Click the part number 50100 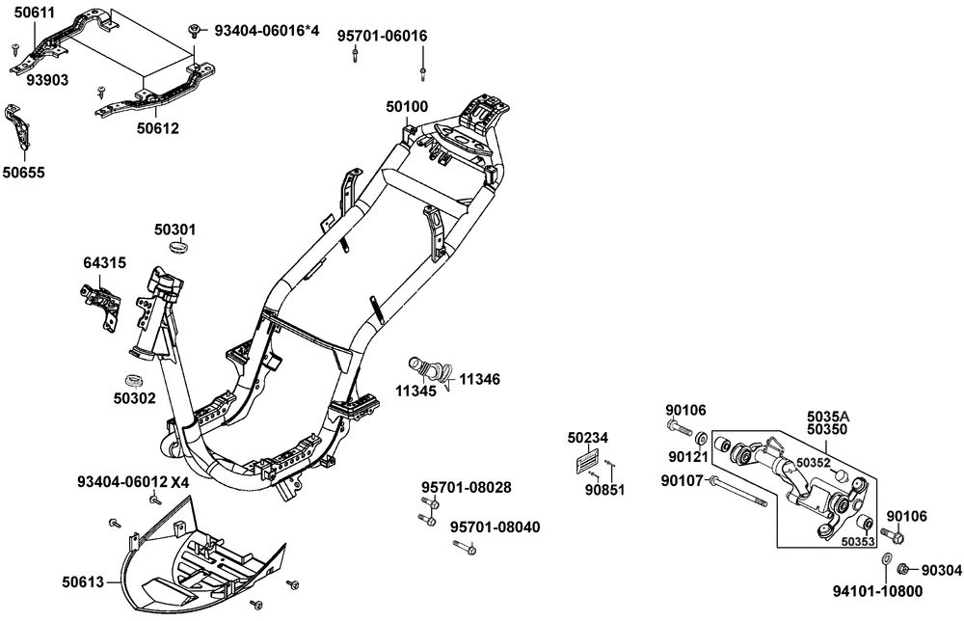pyautogui.click(x=407, y=106)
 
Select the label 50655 pyautogui.click(x=22, y=173)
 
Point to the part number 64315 pyautogui.click(x=102, y=262)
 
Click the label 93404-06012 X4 pyautogui.click(x=134, y=481)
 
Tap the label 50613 pyautogui.click(x=84, y=581)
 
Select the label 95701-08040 pyautogui.click(x=495, y=526)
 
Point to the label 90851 pyautogui.click(x=605, y=489)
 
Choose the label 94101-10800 pyautogui.click(x=878, y=591)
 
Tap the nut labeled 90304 pyautogui.click(x=903, y=569)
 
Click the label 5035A pyautogui.click(x=828, y=417)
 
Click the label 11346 pyautogui.click(x=478, y=380)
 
